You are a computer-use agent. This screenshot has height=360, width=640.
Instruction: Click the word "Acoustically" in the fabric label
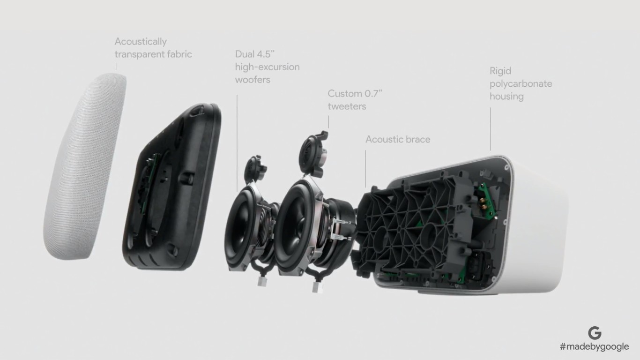coord(141,42)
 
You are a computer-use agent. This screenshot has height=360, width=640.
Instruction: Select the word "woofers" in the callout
coord(253,80)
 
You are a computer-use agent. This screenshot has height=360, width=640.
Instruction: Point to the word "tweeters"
coord(347,106)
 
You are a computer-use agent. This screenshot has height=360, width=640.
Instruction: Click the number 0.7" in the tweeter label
coord(372,94)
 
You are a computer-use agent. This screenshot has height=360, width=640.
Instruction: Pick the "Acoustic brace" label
coord(398,139)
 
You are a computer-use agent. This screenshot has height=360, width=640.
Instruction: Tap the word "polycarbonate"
coord(521,84)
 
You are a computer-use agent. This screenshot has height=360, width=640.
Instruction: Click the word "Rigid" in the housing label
coord(500,71)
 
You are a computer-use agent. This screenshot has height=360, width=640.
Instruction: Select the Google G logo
coord(595,333)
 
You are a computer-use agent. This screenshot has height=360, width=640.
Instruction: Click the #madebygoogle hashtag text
coord(594,347)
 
